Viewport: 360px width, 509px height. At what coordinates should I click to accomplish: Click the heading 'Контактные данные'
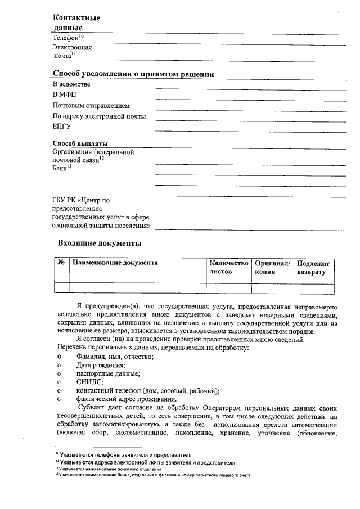[x=76, y=22]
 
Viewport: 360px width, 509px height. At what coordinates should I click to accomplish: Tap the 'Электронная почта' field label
[x=72, y=52]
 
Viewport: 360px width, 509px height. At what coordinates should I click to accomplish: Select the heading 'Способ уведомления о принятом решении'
[x=133, y=74]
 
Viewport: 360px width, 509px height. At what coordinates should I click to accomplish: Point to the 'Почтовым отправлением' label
[x=91, y=105]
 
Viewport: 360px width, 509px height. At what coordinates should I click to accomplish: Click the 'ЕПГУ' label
[x=62, y=127]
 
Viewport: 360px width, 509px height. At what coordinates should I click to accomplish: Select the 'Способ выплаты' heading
[x=80, y=143]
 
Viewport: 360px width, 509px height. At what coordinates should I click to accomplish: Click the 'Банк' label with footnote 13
[x=62, y=168]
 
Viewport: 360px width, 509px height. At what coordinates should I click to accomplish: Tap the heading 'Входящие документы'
[x=100, y=244]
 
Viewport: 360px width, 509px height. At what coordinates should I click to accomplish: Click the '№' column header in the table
[x=61, y=263]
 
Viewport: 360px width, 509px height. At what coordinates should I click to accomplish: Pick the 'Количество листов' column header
[x=228, y=267]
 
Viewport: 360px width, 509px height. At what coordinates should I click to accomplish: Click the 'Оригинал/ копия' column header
[x=272, y=267]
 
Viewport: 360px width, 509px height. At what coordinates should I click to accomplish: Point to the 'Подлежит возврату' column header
[x=315, y=267]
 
